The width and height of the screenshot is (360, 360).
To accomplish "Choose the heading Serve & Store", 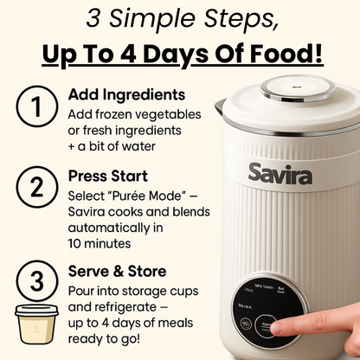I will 117,272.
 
